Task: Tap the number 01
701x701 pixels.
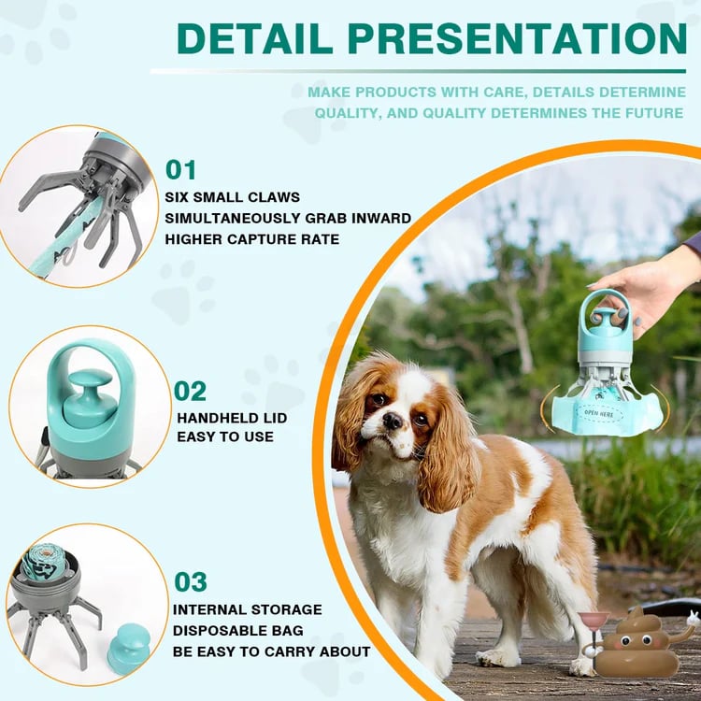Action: [181, 170]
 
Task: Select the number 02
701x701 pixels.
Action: [190, 391]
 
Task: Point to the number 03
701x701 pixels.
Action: [190, 581]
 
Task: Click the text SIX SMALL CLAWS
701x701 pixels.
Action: [232, 197]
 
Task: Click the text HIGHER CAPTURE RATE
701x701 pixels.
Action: [252, 238]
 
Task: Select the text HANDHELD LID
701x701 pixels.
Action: [232, 418]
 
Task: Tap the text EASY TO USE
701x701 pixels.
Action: [225, 436]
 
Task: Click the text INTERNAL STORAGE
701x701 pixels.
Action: [248, 609]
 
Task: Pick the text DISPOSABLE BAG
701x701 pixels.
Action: [239, 630]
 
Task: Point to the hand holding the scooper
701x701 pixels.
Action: [645, 285]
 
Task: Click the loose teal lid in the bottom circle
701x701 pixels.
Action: [128, 648]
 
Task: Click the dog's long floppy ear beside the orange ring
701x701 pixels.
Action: [350, 421]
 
